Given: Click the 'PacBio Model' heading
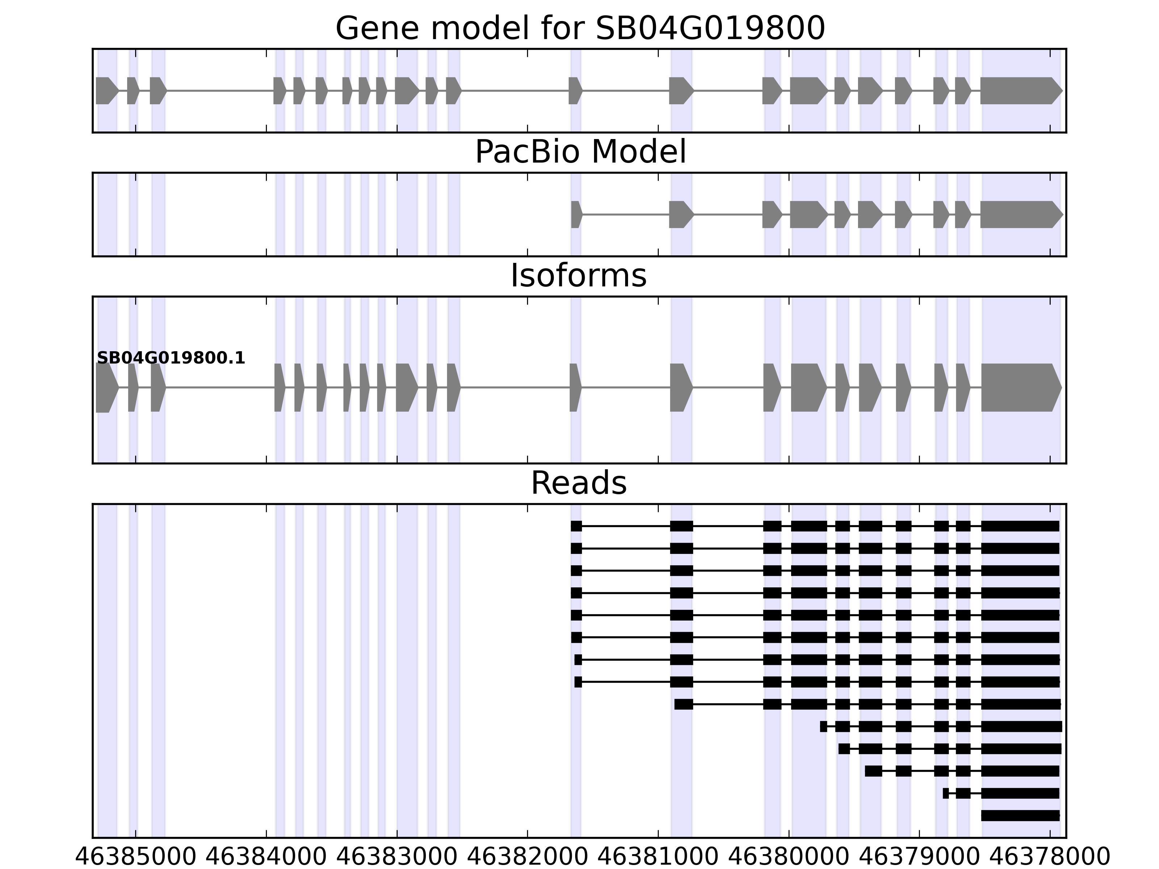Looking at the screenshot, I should (x=580, y=152).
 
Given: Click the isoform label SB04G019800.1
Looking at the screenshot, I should (x=171, y=358).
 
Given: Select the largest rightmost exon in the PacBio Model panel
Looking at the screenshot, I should (x=1019, y=214).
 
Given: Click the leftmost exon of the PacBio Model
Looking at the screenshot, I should (x=576, y=214).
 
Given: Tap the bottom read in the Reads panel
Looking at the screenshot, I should (x=1020, y=815).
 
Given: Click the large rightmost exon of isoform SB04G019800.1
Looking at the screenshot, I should (x=1019, y=388).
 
